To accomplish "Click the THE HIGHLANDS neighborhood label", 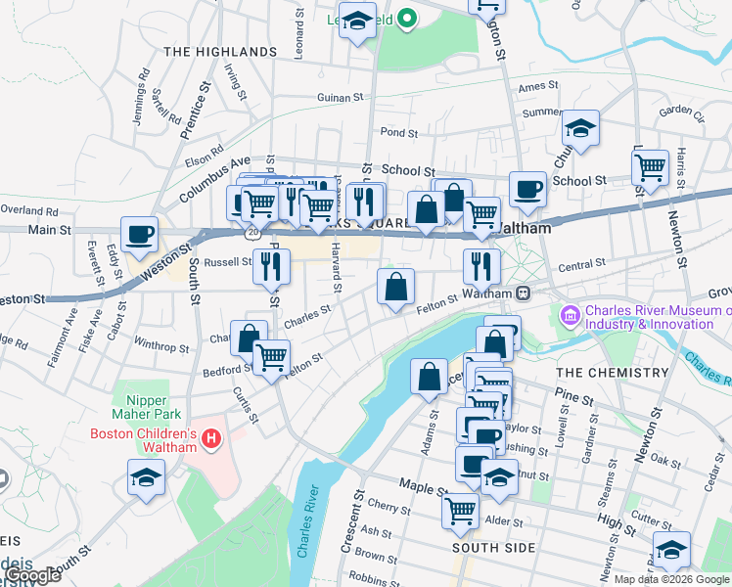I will (219, 51).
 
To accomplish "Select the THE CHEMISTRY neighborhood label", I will (612, 373).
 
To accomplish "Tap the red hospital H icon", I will (210, 439).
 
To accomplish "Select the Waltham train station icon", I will (525, 293).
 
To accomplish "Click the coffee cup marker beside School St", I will (527, 189).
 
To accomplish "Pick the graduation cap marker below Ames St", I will (580, 128).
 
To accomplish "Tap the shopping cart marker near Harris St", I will (651, 168).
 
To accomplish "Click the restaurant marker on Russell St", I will (271, 264).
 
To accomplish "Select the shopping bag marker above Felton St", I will (396, 288).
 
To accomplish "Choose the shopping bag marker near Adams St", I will (430, 377).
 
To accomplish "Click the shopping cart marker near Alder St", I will (460, 509).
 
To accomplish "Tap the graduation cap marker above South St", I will (146, 478).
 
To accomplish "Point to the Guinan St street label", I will (340, 98).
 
